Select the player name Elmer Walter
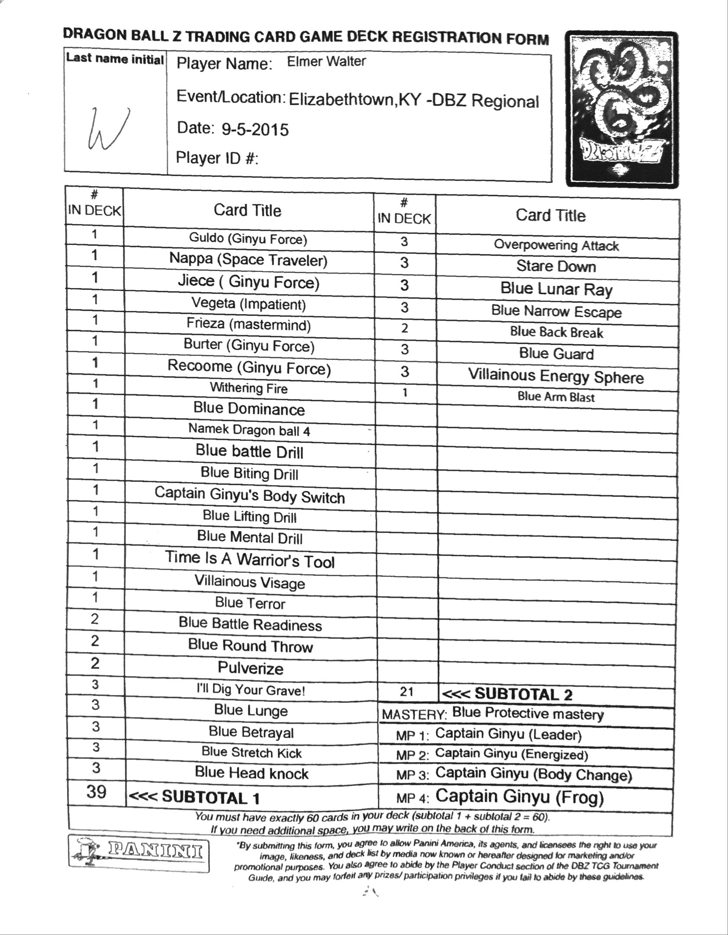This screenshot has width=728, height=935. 326,61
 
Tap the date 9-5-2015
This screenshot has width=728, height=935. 255,129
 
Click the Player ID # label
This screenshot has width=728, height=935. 217,158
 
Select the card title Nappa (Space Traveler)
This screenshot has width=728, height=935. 248,259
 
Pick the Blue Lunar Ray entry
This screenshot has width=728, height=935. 556,289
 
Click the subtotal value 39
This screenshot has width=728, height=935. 96,792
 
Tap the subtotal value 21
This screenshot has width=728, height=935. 406,692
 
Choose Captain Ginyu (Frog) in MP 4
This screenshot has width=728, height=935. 519,796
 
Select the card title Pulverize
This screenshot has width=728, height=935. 251,668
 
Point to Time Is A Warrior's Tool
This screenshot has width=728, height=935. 250,559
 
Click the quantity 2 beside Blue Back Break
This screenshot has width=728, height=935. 404,328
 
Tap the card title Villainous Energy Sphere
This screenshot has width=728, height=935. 556,376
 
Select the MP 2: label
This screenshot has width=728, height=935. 412,755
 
